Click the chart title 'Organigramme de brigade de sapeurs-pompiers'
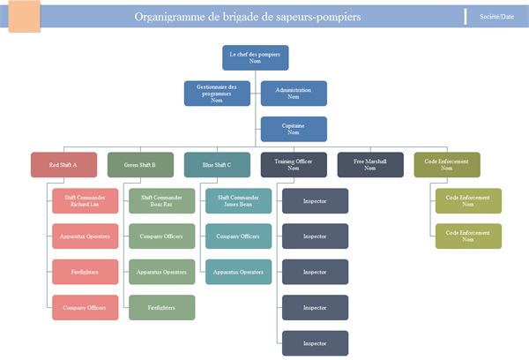[x=247, y=17]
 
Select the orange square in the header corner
[x=24, y=16]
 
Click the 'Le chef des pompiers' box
[x=255, y=57]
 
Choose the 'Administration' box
[x=294, y=94]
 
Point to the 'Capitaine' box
[x=294, y=129]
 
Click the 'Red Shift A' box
[x=63, y=165]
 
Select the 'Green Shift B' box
[x=140, y=165]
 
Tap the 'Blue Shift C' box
[x=217, y=165]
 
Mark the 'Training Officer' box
[x=294, y=165]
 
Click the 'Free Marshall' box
[x=370, y=165]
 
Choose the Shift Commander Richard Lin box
[x=86, y=201]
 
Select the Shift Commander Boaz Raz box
[x=162, y=201]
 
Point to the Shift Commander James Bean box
[x=239, y=201]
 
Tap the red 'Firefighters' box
[x=86, y=272]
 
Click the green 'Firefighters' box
[x=162, y=307]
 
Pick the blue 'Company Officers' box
[x=239, y=236]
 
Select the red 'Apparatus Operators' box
[x=86, y=236]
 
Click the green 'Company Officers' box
[x=162, y=236]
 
